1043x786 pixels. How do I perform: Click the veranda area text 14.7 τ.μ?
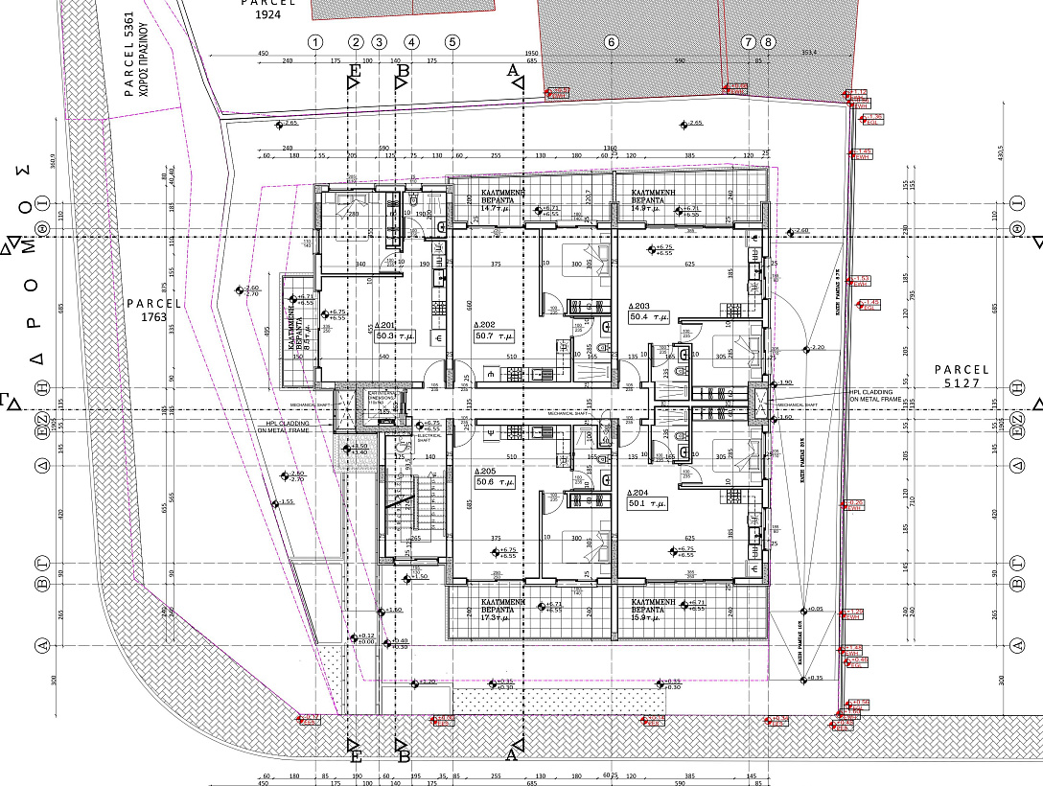point(497,208)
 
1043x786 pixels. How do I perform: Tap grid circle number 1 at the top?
point(316,42)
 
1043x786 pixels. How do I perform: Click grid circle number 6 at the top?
point(611,42)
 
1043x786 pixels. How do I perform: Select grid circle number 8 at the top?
point(767,42)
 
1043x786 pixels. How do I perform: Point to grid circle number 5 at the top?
point(452,42)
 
